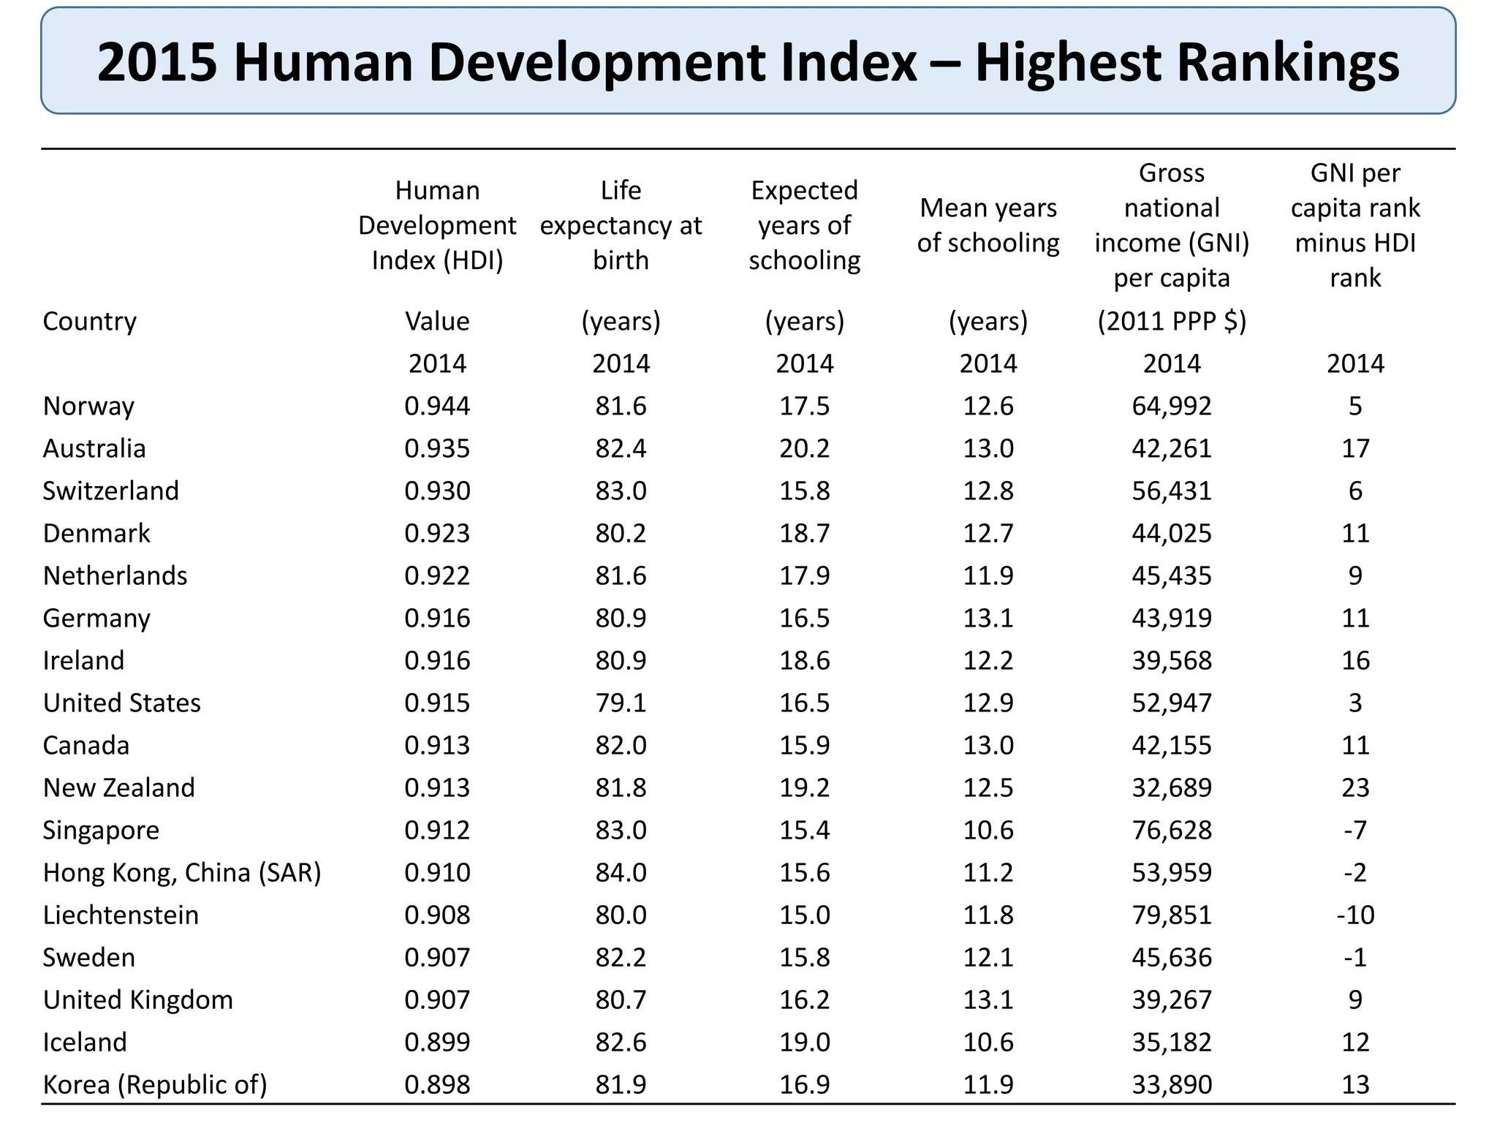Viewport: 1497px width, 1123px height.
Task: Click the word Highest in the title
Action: (1067, 62)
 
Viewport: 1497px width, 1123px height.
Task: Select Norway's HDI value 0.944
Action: (437, 406)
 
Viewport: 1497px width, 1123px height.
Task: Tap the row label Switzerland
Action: (110, 491)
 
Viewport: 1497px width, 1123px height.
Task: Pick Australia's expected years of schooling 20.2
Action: (804, 448)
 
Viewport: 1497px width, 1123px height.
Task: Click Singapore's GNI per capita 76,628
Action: (1172, 830)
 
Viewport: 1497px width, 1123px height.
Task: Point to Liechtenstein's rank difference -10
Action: (1355, 915)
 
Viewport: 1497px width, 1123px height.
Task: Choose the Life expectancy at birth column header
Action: (621, 225)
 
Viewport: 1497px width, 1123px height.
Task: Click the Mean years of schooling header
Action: (988, 225)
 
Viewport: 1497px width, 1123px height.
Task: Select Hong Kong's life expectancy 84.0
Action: (621, 872)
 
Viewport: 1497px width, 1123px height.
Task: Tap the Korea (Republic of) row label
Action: (155, 1084)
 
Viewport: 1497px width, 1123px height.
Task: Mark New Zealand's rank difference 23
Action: (1355, 787)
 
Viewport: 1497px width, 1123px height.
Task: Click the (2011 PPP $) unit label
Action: (1172, 321)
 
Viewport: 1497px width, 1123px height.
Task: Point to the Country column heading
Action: (89, 321)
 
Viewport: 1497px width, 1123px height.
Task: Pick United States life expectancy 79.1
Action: (621, 703)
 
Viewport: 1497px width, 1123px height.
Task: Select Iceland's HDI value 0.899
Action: (437, 1042)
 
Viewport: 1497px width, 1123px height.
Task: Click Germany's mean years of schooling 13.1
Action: (988, 618)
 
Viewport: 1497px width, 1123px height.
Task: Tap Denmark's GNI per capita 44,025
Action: (1172, 533)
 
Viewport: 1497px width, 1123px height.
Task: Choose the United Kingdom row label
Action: (137, 999)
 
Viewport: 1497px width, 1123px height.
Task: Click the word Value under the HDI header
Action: (437, 321)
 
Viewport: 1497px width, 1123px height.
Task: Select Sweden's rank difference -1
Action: (1355, 957)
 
